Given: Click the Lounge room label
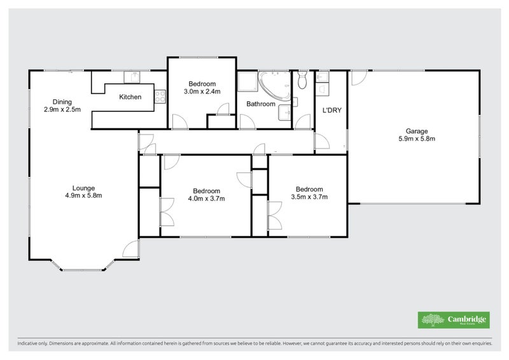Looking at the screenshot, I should (x=83, y=188).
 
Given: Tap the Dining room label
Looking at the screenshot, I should (x=62, y=102).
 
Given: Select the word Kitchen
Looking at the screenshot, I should (x=130, y=97).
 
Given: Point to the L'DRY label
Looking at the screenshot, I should (x=332, y=110).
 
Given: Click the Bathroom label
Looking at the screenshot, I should (x=261, y=104).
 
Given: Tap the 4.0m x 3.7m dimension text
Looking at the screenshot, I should (x=207, y=198).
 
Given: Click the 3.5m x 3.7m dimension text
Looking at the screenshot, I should (x=309, y=197).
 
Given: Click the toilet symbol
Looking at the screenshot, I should (x=303, y=80).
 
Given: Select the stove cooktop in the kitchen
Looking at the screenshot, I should (x=158, y=97).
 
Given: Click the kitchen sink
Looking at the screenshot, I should (x=134, y=76).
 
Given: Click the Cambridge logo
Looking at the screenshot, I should (x=452, y=320).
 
